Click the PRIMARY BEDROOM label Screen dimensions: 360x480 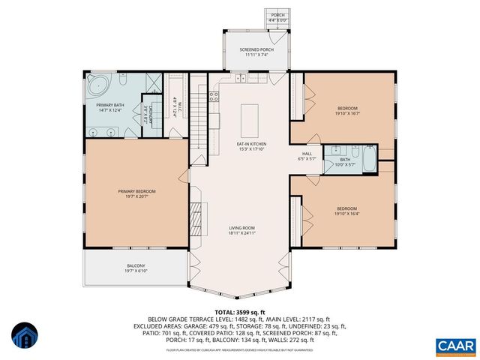136,193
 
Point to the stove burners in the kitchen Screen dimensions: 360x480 214,95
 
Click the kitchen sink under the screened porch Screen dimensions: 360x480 241,78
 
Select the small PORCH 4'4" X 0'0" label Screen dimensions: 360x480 277,16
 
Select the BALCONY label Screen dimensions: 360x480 136,268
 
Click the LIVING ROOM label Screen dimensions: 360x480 242,230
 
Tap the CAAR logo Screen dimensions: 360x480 455,345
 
